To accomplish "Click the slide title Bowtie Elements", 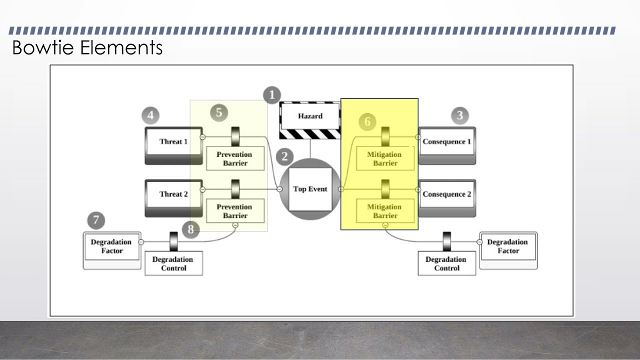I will click(87, 48).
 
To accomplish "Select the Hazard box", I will click(310, 116).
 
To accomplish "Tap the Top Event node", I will click(310, 189).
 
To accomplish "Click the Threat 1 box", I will click(173, 142).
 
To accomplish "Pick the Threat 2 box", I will click(173, 194).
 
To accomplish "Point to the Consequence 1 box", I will click(446, 142).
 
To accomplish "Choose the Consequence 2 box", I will click(446, 194).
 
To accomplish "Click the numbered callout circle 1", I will click(272, 95).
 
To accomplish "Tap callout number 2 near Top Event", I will click(284, 156).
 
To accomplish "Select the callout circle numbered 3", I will click(460, 116).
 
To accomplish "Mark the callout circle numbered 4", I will click(150, 116).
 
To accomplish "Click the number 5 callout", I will click(218, 112).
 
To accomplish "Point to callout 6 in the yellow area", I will click(367, 121).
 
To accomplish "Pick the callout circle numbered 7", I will click(96, 220).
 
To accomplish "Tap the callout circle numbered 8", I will click(190, 229).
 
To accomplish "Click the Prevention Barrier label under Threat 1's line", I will click(235, 159).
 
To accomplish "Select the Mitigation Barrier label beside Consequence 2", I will click(384, 211).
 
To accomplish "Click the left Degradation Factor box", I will click(111, 246).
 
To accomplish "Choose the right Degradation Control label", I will click(446, 264).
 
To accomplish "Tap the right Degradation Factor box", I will click(507, 246).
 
